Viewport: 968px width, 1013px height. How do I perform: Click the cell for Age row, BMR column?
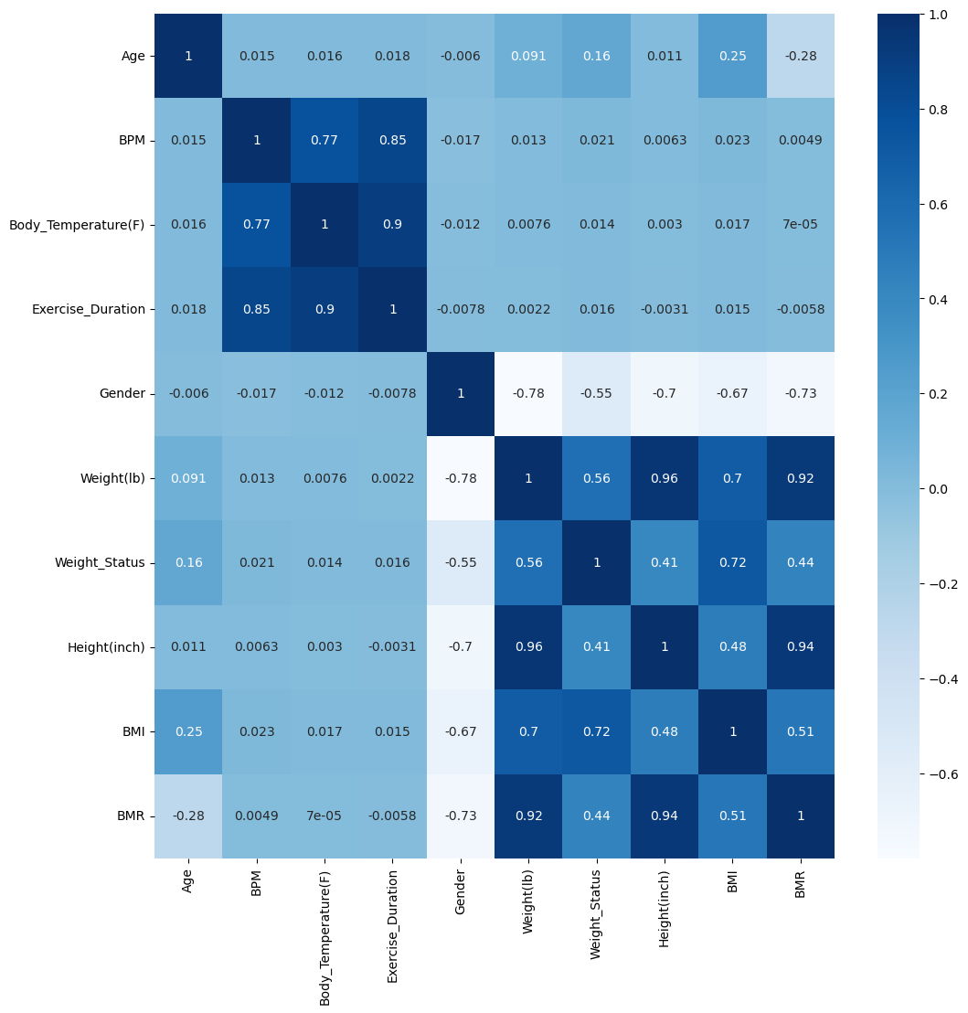[x=800, y=56]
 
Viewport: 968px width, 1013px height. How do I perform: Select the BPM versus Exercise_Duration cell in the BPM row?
[x=392, y=141]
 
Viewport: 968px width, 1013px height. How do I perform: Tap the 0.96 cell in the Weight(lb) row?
[x=665, y=478]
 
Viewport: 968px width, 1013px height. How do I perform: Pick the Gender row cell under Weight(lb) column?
[x=528, y=394]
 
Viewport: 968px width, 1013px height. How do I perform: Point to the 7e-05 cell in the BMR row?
[x=324, y=816]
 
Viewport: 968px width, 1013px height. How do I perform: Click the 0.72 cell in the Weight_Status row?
[x=732, y=563]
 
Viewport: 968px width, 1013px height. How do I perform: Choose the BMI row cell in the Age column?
[x=188, y=731]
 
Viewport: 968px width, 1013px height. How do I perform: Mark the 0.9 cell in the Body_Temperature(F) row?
[x=392, y=225]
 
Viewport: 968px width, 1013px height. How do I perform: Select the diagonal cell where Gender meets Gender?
[x=460, y=394]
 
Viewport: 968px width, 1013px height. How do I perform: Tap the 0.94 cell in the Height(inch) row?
[x=800, y=647]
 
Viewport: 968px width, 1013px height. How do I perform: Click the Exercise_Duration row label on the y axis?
[x=89, y=309]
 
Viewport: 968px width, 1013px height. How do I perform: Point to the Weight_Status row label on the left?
[x=100, y=563]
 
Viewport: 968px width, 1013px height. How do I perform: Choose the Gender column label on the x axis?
[x=461, y=891]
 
